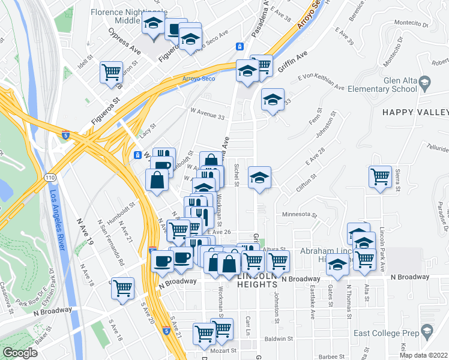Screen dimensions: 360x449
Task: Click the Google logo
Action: pyautogui.click(x=20, y=353)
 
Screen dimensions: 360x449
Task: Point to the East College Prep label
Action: pyautogui.click(x=394, y=331)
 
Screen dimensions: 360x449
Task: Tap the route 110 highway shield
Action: pyautogui.click(x=49, y=178)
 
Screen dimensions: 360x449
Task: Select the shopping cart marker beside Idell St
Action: pyautogui.click(x=112, y=72)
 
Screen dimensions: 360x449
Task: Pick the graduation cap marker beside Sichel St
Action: pyautogui.click(x=259, y=177)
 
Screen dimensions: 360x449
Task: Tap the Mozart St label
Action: pyautogui.click(x=225, y=350)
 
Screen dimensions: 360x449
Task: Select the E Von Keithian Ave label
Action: pyautogui.click(x=321, y=80)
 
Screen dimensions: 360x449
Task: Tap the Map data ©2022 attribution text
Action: pyautogui.click(x=424, y=355)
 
